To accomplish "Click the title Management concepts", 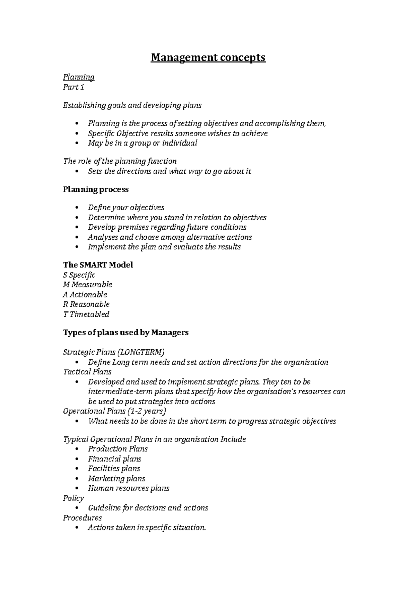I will click(x=208, y=57).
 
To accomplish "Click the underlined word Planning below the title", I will click(x=79, y=77).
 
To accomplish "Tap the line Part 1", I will click(x=73, y=87).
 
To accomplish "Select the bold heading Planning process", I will click(x=96, y=189).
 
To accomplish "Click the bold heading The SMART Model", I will click(x=98, y=265).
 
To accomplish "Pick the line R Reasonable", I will click(x=86, y=304).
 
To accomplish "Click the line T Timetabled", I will click(x=86, y=314).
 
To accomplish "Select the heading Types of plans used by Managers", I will click(x=126, y=332).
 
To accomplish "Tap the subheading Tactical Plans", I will click(x=87, y=372).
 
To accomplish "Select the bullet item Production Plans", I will click(x=118, y=449).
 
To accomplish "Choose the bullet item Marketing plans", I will click(x=116, y=479).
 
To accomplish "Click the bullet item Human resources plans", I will click(x=129, y=488).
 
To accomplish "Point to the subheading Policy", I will click(x=73, y=498).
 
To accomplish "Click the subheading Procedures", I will click(x=83, y=518).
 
